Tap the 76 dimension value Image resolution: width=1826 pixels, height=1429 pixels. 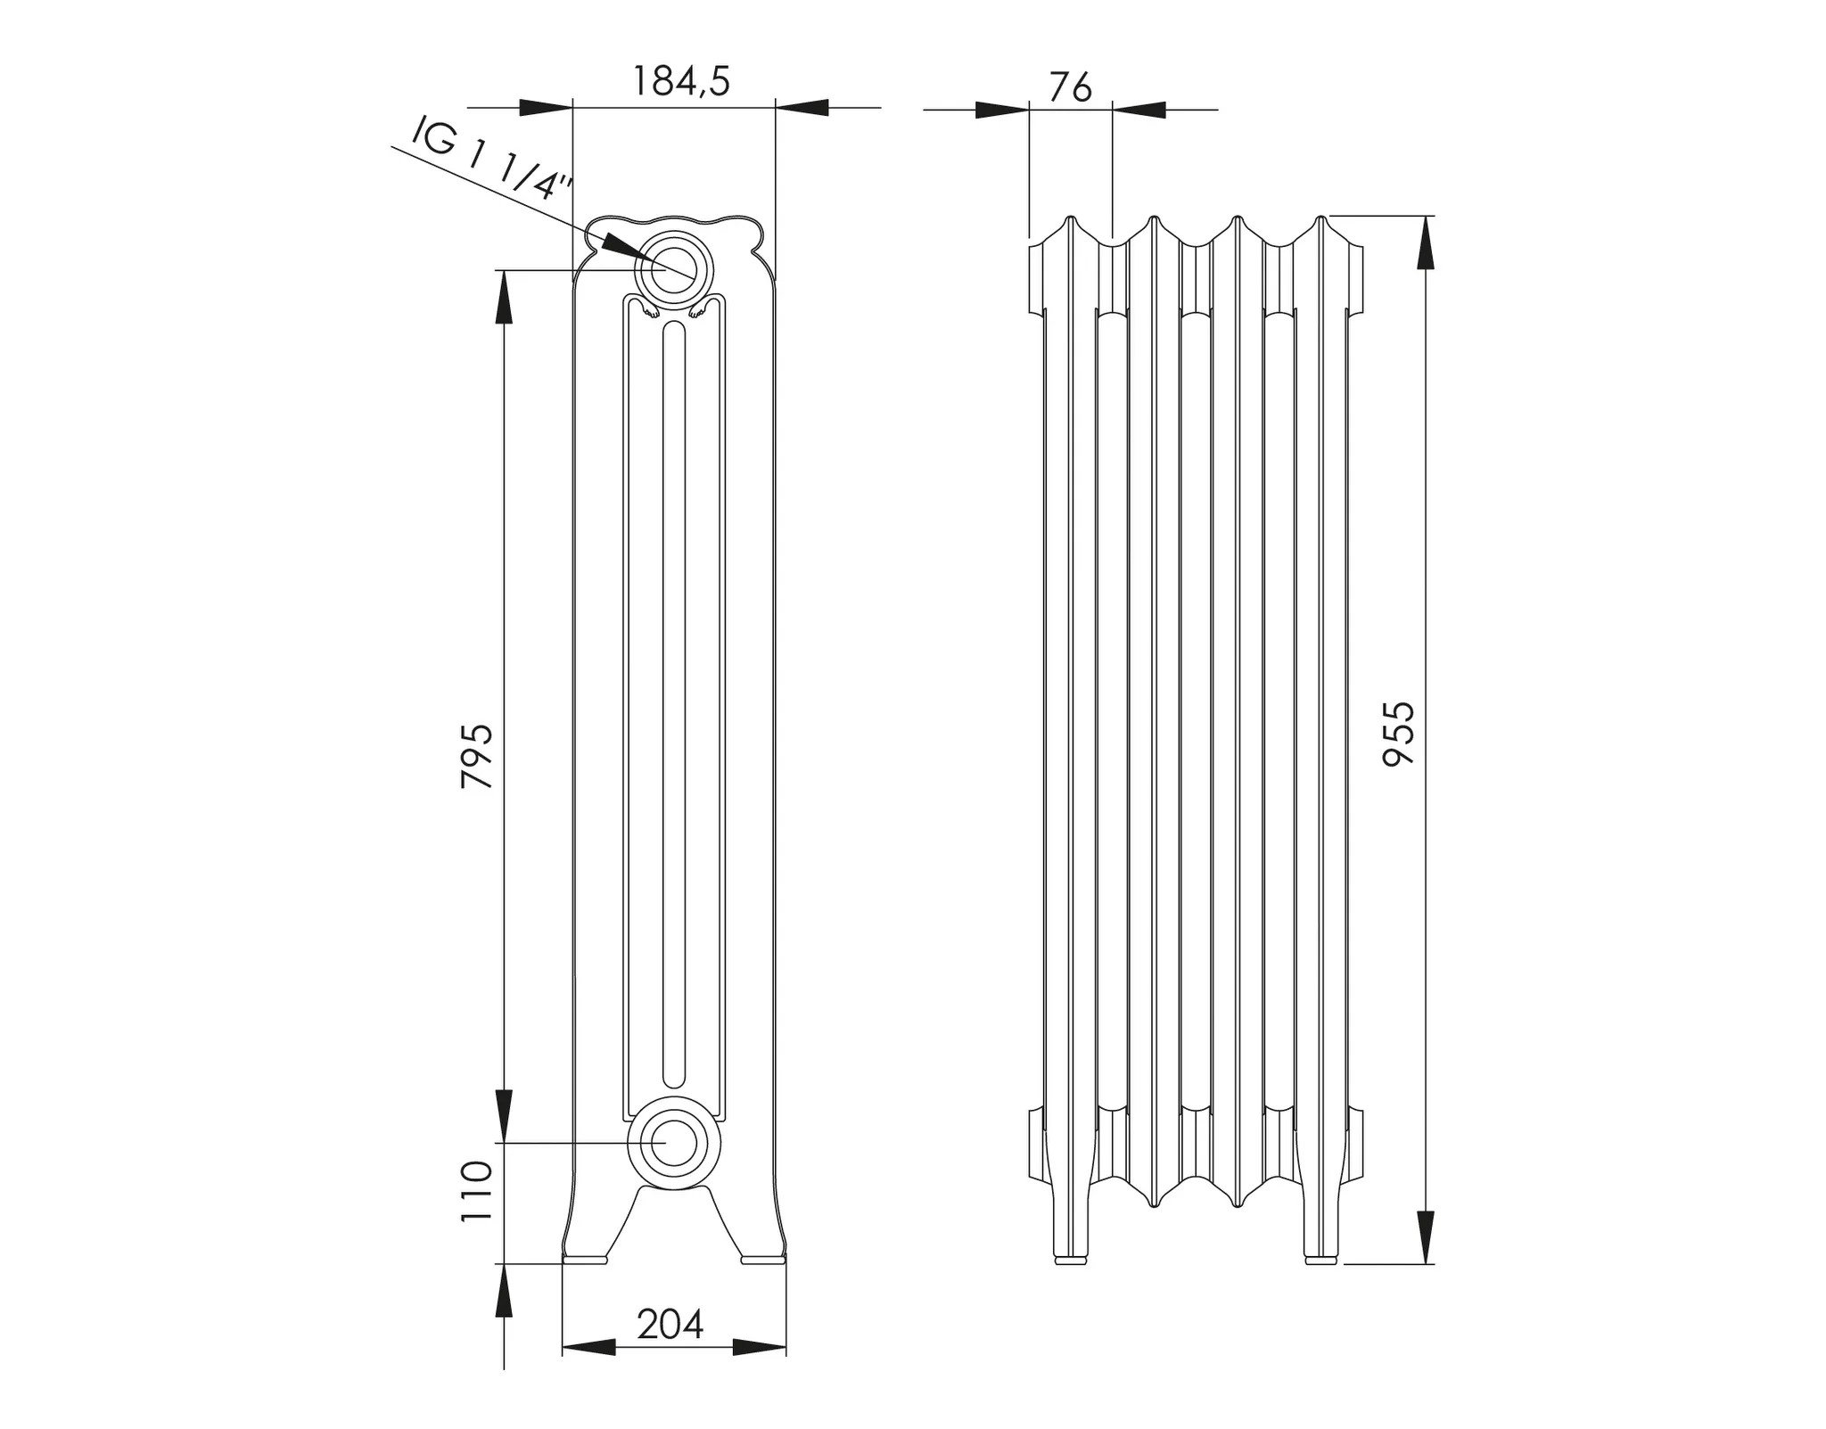[x=1070, y=87]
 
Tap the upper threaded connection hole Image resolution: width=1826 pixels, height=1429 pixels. [x=672, y=269]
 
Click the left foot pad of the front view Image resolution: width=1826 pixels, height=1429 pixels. [x=585, y=1260]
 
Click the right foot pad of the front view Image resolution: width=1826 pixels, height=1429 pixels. [x=763, y=1260]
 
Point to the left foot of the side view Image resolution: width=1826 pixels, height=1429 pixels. [x=1070, y=1260]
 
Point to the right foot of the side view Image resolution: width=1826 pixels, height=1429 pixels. [x=1320, y=1260]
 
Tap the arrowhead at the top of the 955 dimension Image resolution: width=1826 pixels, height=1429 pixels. [x=1426, y=242]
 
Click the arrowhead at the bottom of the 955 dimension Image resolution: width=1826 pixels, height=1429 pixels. [x=1426, y=1238]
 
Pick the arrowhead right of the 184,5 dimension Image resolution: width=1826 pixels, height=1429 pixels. [x=802, y=108]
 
